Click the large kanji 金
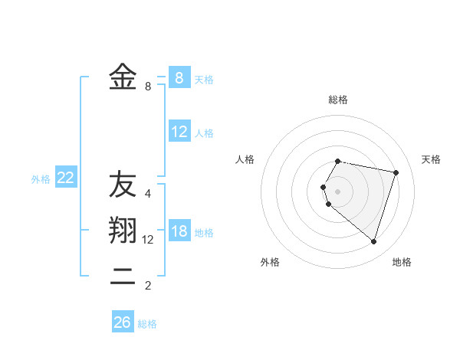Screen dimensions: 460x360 click(x=123, y=77)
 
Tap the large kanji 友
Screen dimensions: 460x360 click(x=123, y=185)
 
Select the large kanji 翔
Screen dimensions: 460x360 click(x=123, y=231)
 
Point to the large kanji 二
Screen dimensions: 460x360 click(x=123, y=277)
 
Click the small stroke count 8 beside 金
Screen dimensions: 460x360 click(x=148, y=87)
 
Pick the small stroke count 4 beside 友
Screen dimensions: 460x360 click(x=148, y=193)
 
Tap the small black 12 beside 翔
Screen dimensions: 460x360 click(x=149, y=240)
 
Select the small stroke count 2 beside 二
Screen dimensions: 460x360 click(x=148, y=286)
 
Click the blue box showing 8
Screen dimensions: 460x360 click(x=179, y=77)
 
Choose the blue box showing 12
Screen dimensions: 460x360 click(x=179, y=132)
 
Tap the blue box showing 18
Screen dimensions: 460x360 click(x=179, y=231)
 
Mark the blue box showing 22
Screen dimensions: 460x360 click(x=66, y=178)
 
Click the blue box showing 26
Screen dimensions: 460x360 click(x=122, y=322)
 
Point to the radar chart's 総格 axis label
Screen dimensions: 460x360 click(x=338, y=100)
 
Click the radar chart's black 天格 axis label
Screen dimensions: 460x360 click(x=431, y=159)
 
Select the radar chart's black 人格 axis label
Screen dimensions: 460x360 click(x=245, y=159)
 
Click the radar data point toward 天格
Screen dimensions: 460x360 click(x=396, y=172)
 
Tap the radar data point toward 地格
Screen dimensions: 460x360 click(x=373, y=242)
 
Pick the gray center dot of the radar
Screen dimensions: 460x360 click(x=338, y=191)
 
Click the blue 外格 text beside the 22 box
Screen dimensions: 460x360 click(x=41, y=179)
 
